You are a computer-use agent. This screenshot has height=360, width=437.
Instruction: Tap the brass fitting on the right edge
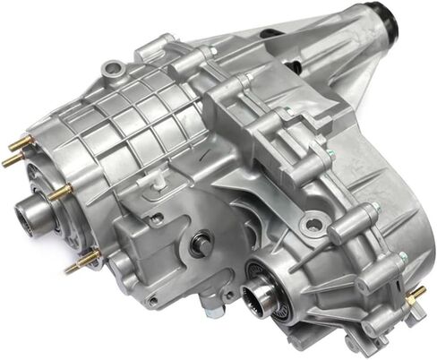click(x=416, y=295)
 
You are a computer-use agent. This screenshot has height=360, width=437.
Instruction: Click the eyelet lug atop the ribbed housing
click(x=111, y=68)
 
